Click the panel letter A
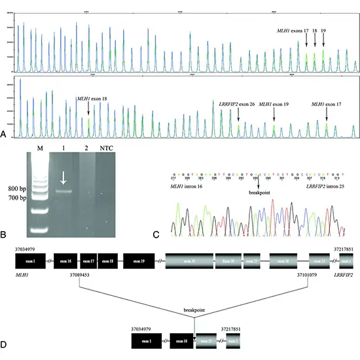point(6,134)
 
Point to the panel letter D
point(6,342)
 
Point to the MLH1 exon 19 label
point(274,104)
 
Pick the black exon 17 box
point(88,262)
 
